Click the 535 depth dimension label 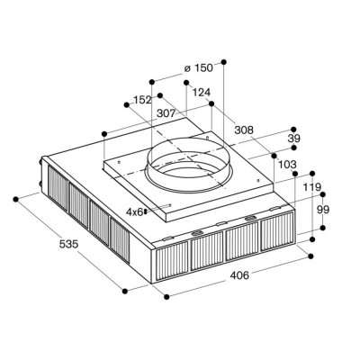(x=68, y=244)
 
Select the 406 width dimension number (x=239, y=274)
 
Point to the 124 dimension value (x=202, y=92)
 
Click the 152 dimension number (x=142, y=100)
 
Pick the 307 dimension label (x=166, y=113)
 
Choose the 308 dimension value (x=244, y=130)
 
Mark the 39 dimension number (x=293, y=139)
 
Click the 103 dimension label (x=287, y=165)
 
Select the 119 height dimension (x=312, y=187)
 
